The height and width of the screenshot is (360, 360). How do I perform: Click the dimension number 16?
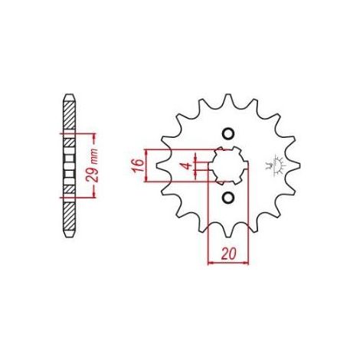click(137, 165)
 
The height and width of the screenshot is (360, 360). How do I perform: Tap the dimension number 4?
click(188, 166)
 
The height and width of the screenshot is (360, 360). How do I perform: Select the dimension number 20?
click(228, 254)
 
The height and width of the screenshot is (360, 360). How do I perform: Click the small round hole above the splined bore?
click(228, 133)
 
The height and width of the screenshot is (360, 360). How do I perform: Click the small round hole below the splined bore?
click(228, 198)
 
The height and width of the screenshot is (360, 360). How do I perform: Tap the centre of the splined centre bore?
click(228, 165)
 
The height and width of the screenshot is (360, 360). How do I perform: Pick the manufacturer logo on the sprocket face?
click(276, 165)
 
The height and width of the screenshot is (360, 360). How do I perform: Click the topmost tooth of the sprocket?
click(228, 99)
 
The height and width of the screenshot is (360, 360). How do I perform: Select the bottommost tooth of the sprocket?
click(228, 232)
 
